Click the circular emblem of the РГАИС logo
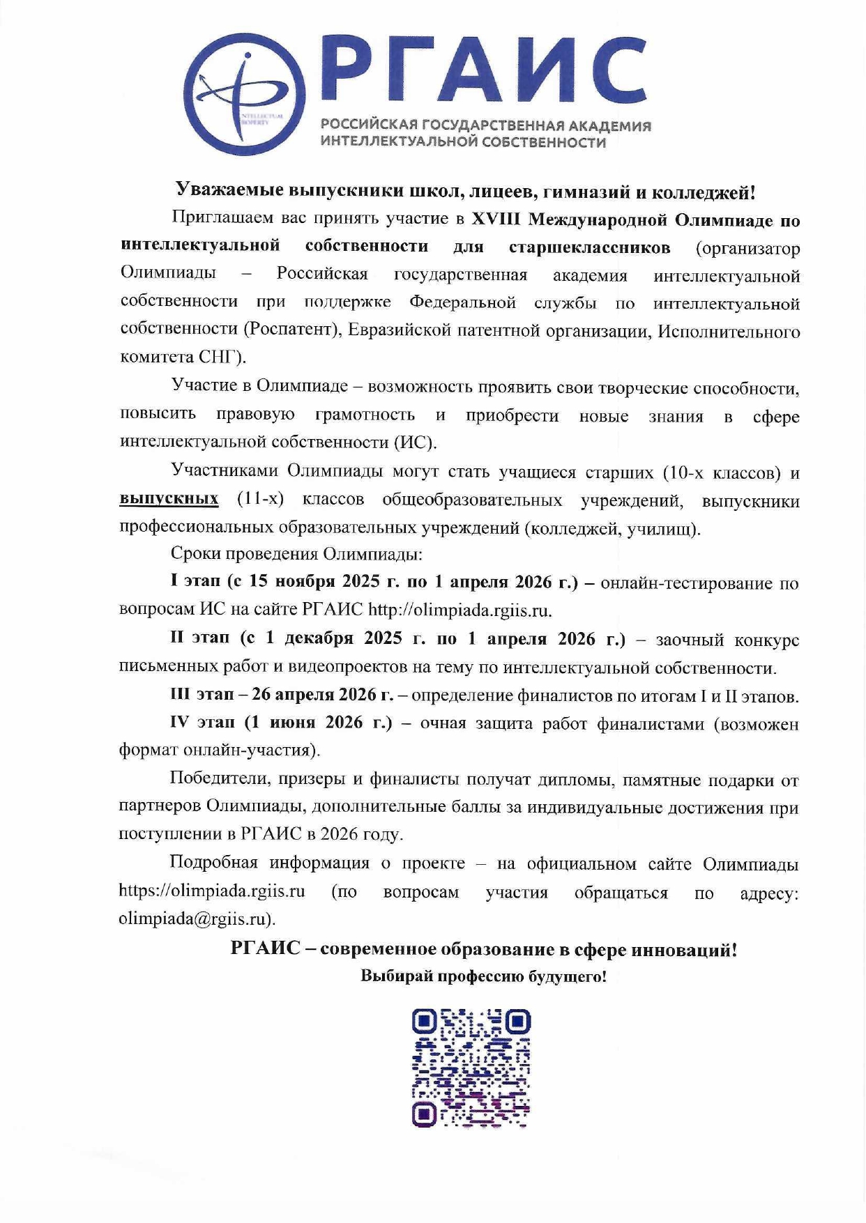(245, 94)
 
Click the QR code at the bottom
(471, 1068)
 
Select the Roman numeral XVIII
(496, 220)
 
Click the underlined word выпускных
(169, 499)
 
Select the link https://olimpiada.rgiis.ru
(212, 891)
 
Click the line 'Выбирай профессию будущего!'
(483, 976)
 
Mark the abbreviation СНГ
(220, 357)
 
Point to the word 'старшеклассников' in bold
(589, 247)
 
